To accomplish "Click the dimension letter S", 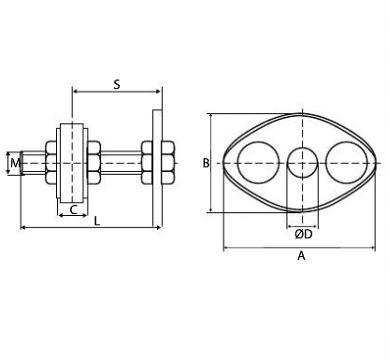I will click(117, 84).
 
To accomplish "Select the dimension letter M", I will click(13, 164).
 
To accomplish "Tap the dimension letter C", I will click(73, 210).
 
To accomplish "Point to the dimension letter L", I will click(97, 221).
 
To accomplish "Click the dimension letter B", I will click(206, 164).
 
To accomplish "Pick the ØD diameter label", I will click(302, 234).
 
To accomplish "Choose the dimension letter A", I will click(300, 255).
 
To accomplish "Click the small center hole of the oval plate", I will click(302, 164).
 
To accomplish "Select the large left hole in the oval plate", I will click(258, 164).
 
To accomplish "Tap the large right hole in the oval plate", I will click(345, 164).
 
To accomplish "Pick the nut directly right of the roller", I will click(93, 163).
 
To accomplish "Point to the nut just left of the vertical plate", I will click(149, 163).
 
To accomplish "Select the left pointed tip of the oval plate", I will click(223, 164).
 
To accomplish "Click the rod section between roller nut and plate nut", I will click(121, 163).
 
